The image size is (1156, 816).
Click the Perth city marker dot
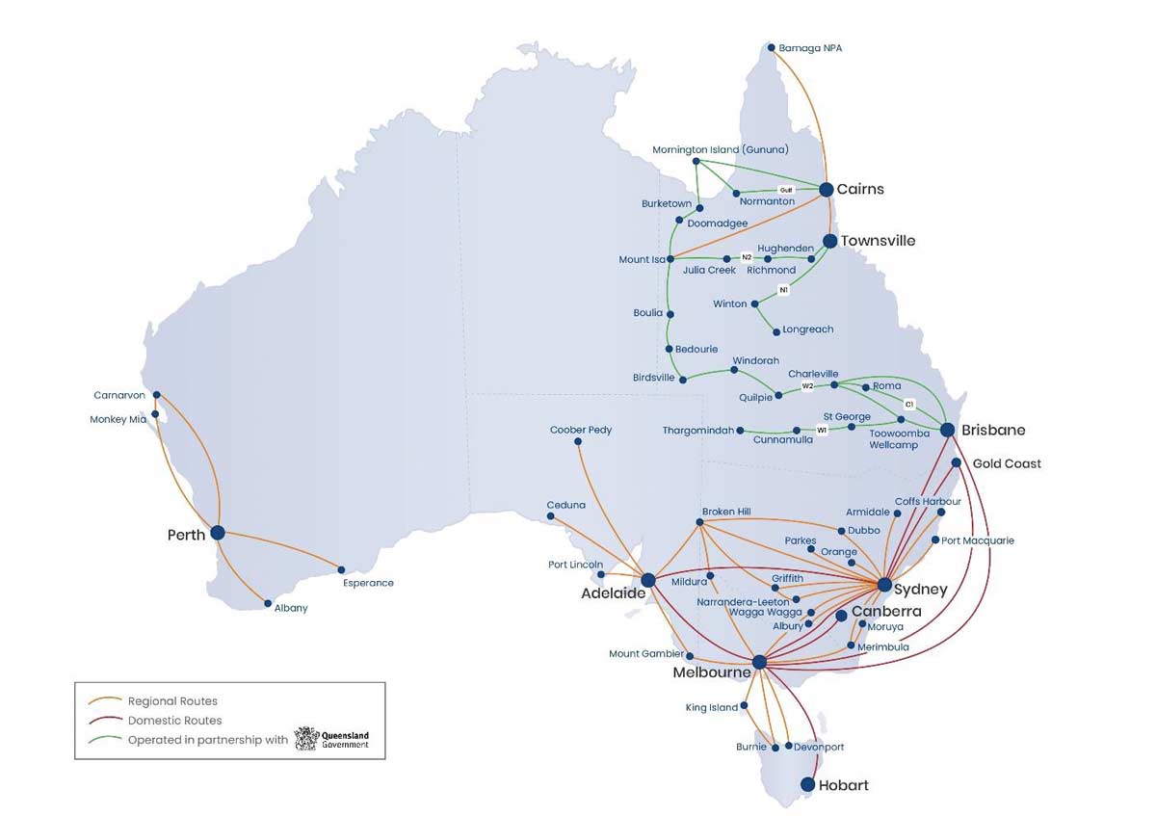click(x=218, y=532)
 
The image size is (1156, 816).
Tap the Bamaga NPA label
click(x=809, y=48)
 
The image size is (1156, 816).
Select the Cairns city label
click(x=859, y=189)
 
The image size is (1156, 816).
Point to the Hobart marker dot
click(x=807, y=785)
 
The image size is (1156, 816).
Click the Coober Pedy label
click(x=581, y=430)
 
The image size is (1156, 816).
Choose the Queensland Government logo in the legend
click(x=332, y=740)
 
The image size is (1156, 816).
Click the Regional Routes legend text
click(x=172, y=701)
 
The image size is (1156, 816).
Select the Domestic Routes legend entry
click(x=174, y=721)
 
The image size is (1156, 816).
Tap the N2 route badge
click(x=747, y=257)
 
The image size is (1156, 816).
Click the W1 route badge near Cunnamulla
click(x=822, y=430)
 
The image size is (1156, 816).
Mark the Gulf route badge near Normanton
click(x=785, y=190)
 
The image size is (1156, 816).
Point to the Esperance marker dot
click(x=341, y=569)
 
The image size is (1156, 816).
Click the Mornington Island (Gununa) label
click(x=720, y=149)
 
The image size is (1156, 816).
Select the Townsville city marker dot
click(x=829, y=241)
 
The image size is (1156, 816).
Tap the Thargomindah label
click(x=698, y=430)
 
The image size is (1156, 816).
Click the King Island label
click(x=711, y=707)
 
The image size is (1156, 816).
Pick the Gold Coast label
click(x=1007, y=463)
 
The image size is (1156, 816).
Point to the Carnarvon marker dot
click(x=157, y=394)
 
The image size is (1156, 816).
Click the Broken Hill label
click(x=725, y=512)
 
